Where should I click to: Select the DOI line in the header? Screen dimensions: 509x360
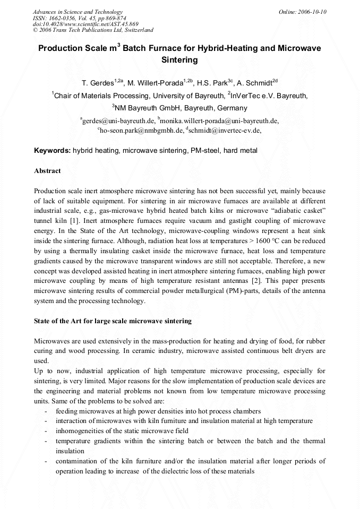pos(85,24)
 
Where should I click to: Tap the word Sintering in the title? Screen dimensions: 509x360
pos(179,60)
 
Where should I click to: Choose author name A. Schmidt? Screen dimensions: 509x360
pos(257,83)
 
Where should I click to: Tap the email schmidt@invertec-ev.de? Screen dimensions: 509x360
pos(225,130)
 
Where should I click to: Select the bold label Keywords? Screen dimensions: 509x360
pos(52,151)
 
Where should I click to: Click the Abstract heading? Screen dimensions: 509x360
pos(47,171)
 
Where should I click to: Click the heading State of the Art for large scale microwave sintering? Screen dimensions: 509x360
pos(113,321)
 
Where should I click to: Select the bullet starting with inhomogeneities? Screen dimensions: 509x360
pos(121,431)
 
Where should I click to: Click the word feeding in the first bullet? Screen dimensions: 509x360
pos(66,411)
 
